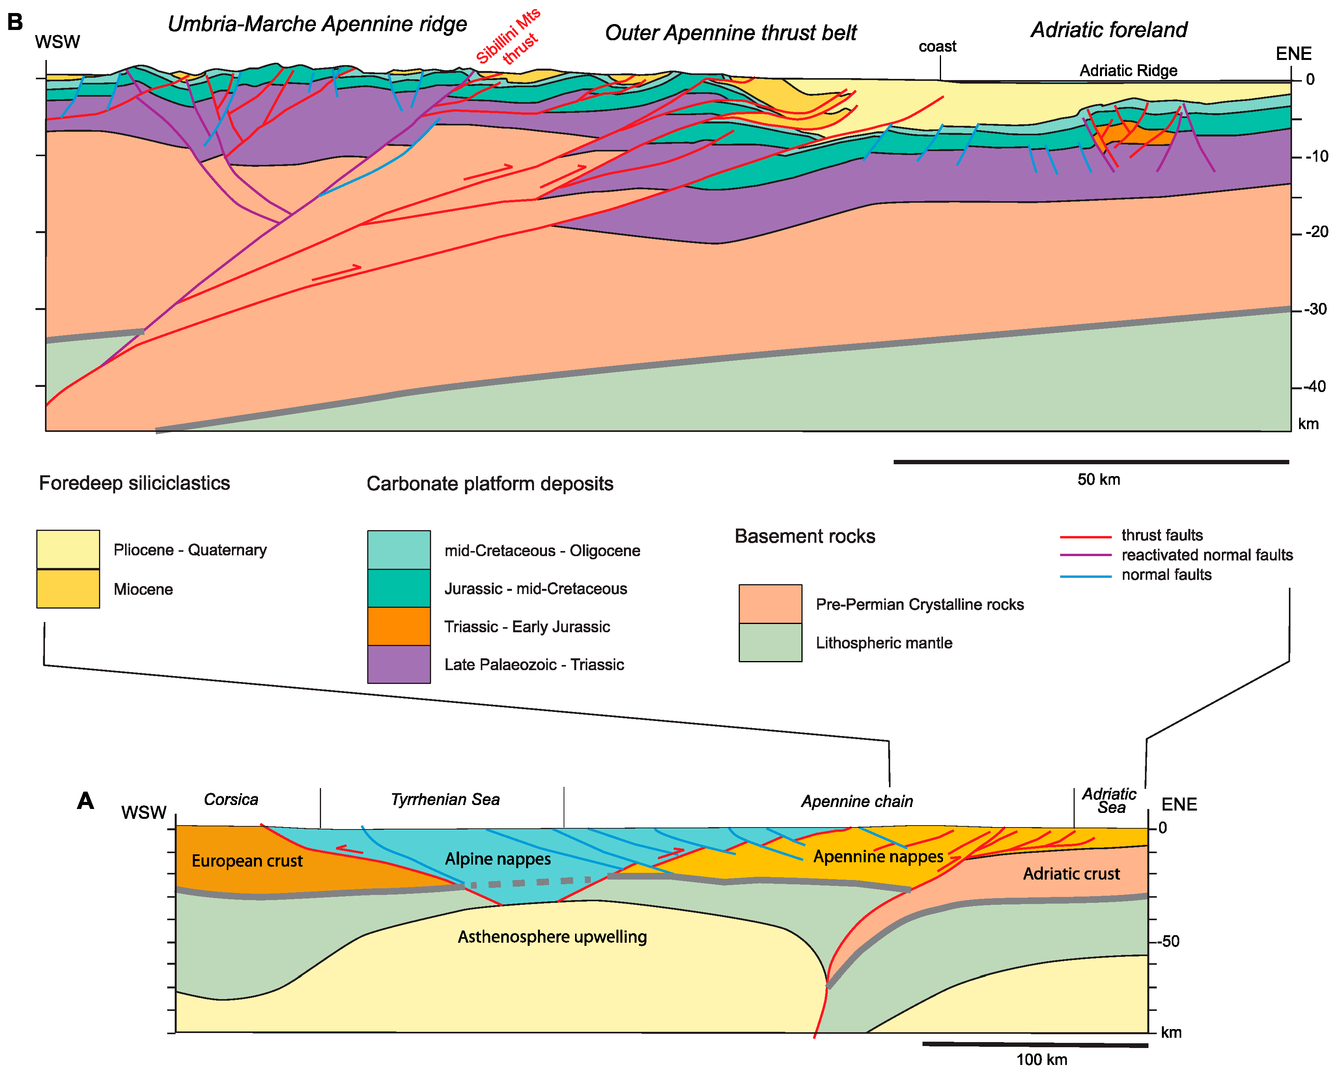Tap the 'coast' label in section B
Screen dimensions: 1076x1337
point(937,47)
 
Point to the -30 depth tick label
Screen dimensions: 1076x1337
point(1315,309)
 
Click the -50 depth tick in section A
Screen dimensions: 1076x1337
point(1168,941)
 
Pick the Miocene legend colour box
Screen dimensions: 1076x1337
point(68,588)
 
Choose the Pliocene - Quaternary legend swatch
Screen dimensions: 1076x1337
point(68,549)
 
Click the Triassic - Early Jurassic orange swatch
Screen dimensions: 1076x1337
point(399,626)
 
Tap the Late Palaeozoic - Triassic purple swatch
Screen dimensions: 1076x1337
point(399,664)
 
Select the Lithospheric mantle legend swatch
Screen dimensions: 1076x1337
point(770,643)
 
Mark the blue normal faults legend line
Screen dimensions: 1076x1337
point(1085,577)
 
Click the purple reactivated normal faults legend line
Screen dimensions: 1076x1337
point(1085,555)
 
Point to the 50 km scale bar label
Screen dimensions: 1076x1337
point(1098,479)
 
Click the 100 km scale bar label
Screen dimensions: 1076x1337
point(1042,1059)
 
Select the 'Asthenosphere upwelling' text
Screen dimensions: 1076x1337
point(552,936)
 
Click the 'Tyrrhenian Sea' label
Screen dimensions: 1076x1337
point(445,800)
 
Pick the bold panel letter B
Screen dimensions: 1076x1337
point(15,22)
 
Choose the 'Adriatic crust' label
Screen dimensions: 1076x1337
point(1071,874)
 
